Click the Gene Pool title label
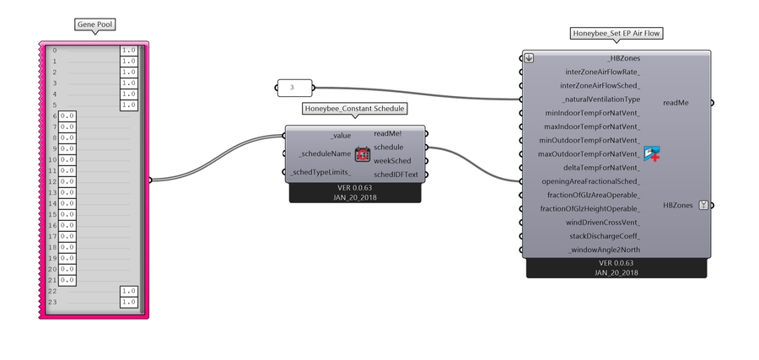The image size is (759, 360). (94, 24)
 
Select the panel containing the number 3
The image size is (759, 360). (293, 87)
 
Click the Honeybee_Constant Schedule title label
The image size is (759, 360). (354, 109)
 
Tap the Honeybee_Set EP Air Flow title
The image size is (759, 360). (616, 34)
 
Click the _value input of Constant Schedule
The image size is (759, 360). (341, 135)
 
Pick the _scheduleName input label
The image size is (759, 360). (324, 153)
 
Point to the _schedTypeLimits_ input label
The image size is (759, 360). (320, 173)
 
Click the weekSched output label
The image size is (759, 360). (392, 160)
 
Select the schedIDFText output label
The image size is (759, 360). (396, 175)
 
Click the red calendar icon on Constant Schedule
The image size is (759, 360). (363, 153)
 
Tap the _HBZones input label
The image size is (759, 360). (623, 58)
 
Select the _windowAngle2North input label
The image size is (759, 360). (604, 250)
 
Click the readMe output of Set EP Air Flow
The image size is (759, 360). (676, 103)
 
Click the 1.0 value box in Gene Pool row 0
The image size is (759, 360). (128, 51)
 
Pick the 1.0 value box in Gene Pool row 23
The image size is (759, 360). (128, 301)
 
